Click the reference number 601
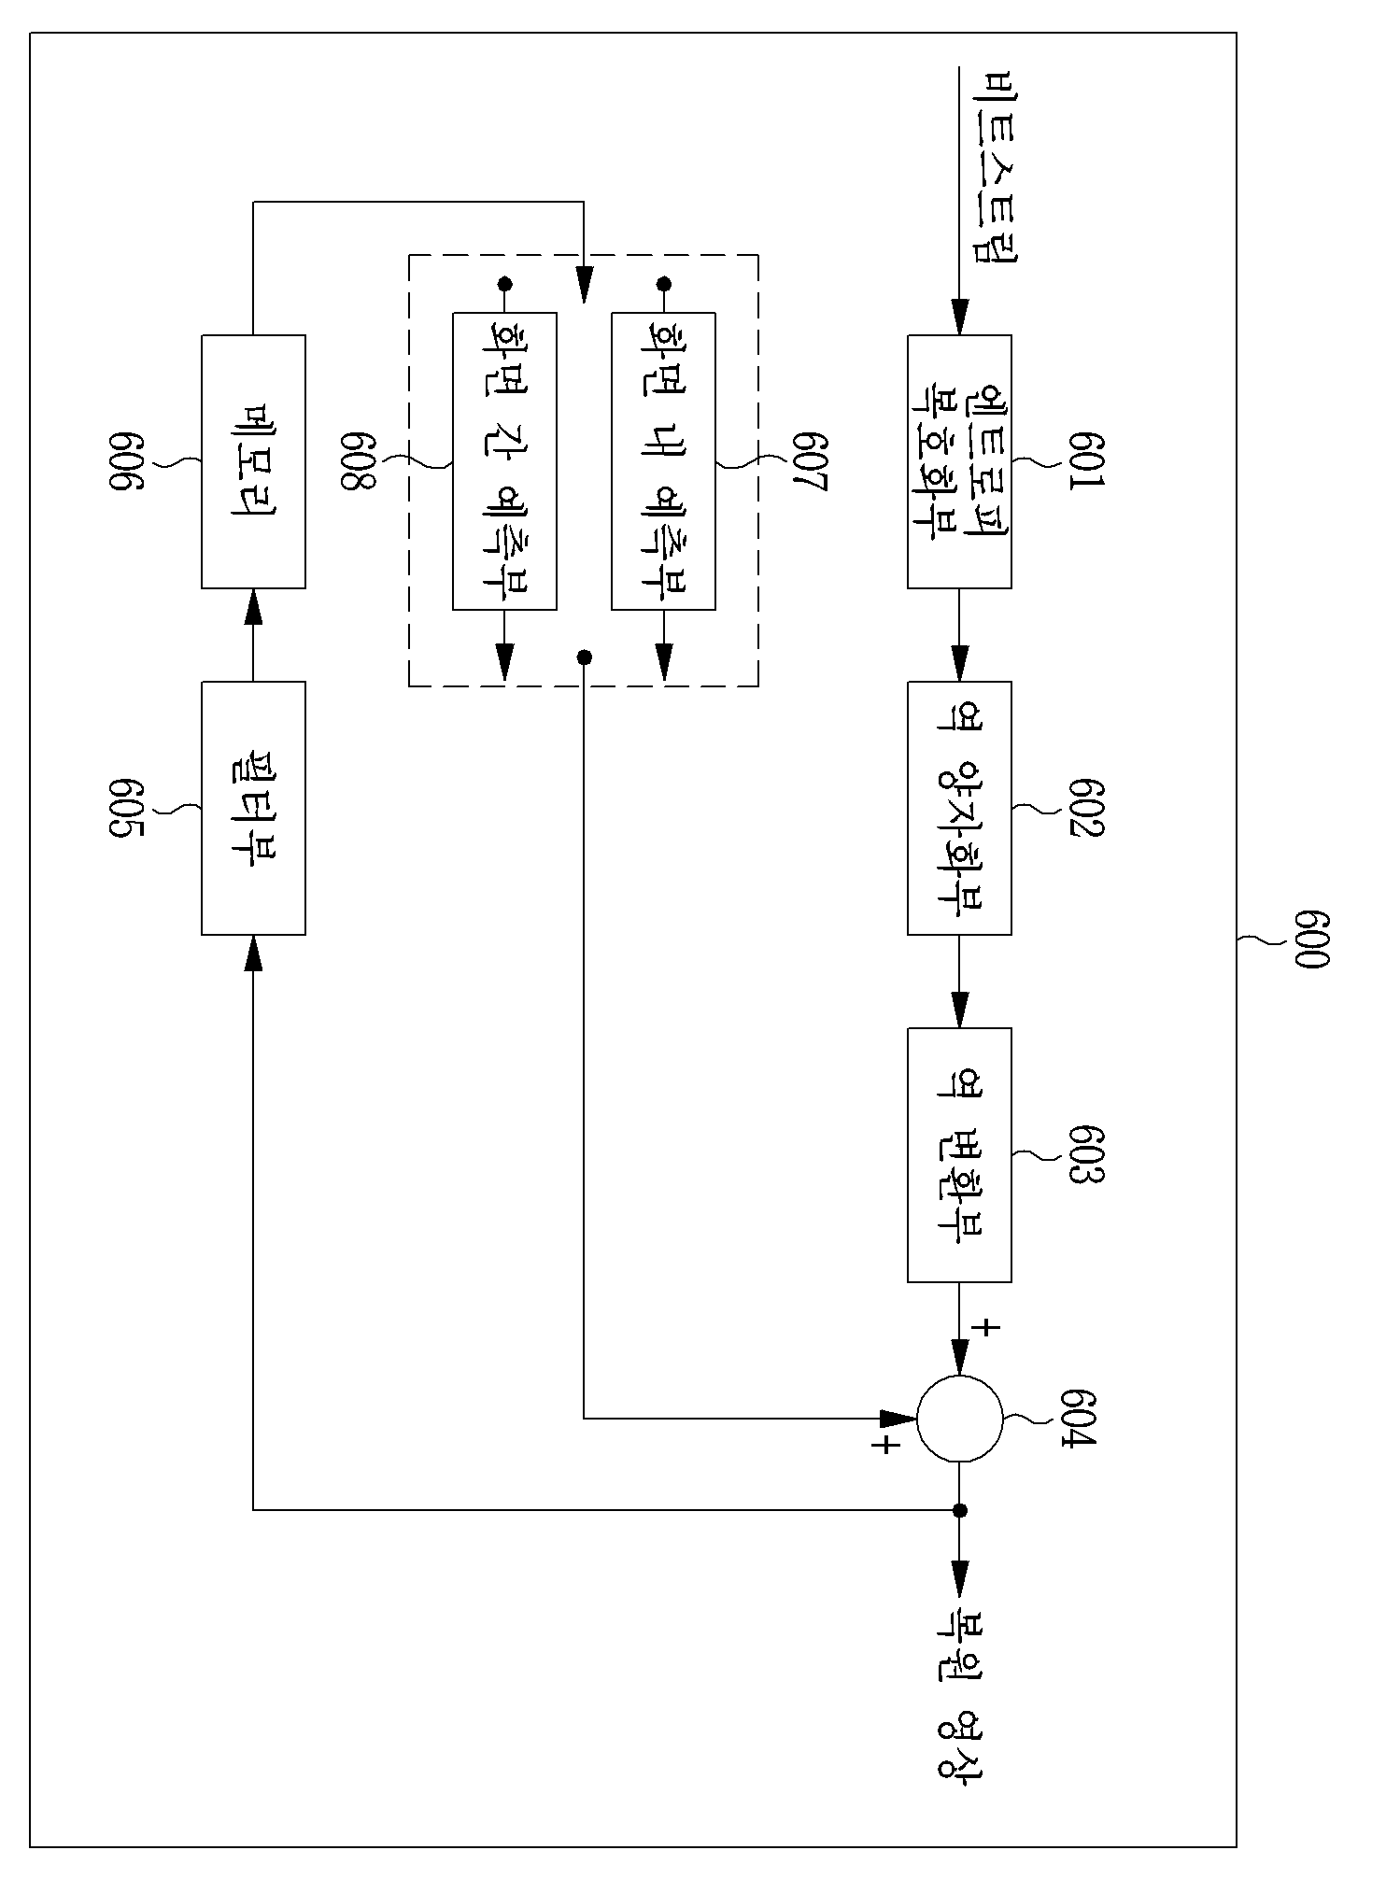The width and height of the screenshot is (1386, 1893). tap(1086, 461)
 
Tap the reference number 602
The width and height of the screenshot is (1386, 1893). tap(1086, 807)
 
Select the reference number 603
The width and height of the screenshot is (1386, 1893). tap(1086, 1154)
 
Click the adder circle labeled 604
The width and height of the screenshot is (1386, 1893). tap(959, 1420)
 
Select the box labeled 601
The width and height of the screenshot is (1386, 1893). tap(959, 461)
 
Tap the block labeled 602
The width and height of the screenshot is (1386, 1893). tap(959, 808)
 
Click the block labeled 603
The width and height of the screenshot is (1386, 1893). tap(959, 1154)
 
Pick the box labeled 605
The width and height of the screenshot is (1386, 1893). tap(253, 808)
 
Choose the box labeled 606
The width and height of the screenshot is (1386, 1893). tap(253, 461)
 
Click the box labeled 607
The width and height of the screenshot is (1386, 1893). tap(663, 461)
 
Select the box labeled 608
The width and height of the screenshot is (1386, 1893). tap(504, 461)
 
